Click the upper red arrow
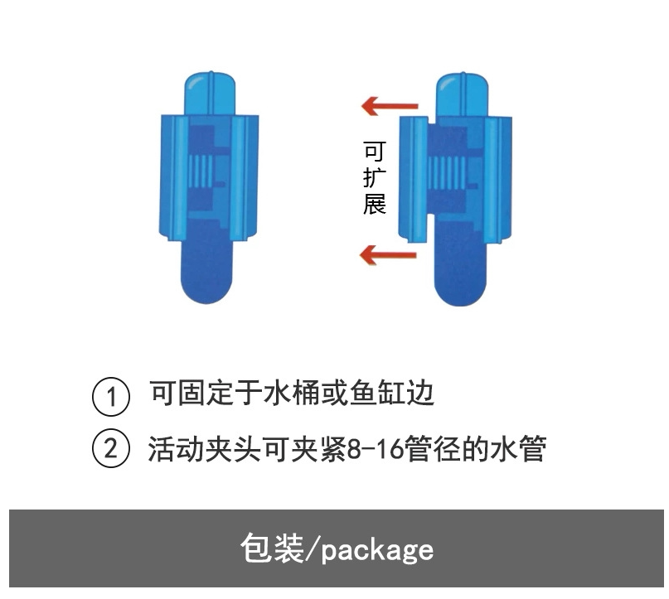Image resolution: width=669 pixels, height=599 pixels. pos(389,106)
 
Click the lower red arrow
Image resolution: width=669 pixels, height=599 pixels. pos(388,254)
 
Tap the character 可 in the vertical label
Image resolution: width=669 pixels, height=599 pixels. pos(375,152)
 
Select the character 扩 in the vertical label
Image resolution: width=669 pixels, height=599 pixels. pos(375,177)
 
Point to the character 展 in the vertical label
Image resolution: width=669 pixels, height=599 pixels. pos(375,203)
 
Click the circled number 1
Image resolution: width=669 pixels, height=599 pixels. pos(110,395)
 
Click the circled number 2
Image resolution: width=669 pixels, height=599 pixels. pos(110,449)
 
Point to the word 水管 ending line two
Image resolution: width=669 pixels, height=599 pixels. pos(521,450)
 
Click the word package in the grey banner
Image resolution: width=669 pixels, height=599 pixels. pos(377,549)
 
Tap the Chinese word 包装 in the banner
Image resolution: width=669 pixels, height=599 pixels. pos(272,548)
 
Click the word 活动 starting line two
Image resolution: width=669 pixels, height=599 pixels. pos(177,450)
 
